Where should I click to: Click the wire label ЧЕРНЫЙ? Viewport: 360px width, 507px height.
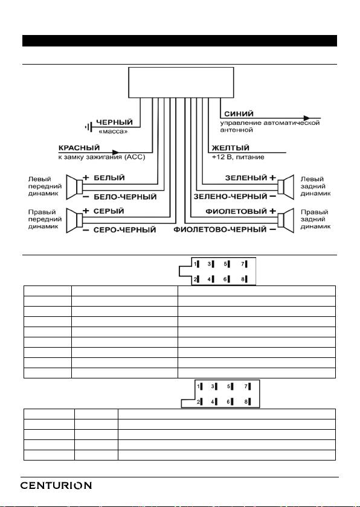115,122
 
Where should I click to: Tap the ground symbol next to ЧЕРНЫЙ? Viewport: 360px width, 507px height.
89,127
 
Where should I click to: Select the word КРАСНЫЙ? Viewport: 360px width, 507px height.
79,148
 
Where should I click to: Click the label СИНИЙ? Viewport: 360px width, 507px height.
239,114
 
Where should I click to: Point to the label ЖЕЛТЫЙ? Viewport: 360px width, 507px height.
230,148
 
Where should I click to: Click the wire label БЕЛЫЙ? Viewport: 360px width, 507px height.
109,178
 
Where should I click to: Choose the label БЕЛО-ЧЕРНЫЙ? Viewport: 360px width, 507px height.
125,197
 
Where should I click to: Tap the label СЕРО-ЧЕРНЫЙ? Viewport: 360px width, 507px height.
125,230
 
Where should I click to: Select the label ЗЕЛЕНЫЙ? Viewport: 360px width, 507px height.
246,178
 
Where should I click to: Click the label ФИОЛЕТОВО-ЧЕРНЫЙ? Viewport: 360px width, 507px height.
220,229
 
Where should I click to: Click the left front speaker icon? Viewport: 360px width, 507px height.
74,187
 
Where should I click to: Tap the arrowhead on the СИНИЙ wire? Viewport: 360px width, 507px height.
307,118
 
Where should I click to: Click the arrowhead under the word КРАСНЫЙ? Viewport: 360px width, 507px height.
115,152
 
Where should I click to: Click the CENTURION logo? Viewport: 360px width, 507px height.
56,485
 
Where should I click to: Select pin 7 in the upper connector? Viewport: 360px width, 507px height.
244,264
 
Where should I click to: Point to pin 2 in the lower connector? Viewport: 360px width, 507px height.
199,402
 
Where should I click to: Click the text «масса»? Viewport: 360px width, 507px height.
113,132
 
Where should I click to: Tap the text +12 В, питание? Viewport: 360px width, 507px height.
238,158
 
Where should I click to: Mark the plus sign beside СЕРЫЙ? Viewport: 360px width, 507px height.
86,211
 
